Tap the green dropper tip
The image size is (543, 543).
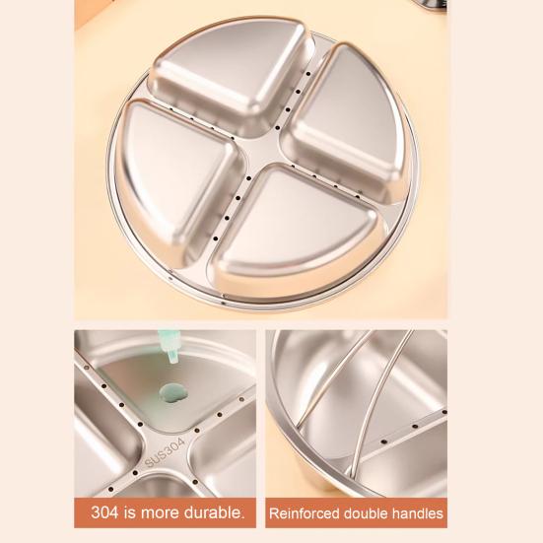pos(170,348)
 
